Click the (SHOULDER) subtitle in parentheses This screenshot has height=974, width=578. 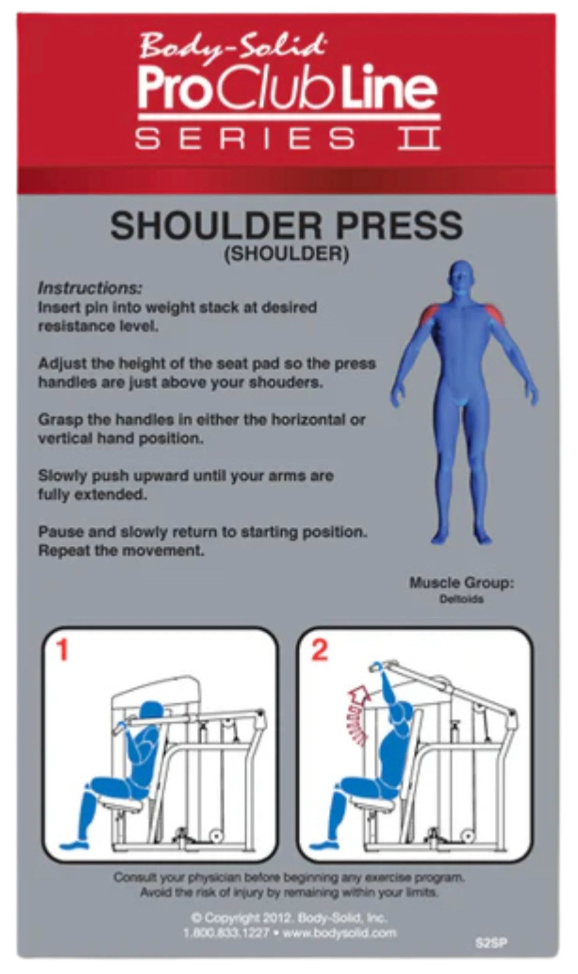[x=286, y=254]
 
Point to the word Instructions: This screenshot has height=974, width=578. [x=90, y=288]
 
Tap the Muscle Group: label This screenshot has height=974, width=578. [x=461, y=583]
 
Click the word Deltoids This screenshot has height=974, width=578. [x=461, y=599]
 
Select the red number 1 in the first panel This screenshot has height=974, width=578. [x=62, y=651]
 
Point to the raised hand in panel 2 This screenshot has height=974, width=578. [x=377, y=666]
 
